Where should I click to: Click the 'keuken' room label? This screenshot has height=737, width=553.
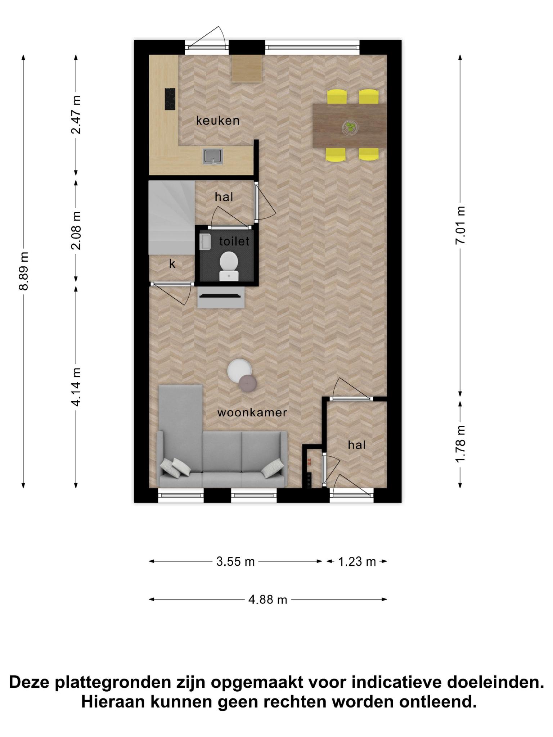coord(218,121)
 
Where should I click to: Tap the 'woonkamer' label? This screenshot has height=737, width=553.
coord(252,412)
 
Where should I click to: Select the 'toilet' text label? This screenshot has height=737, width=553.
coord(234,241)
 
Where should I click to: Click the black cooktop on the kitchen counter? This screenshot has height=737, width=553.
coord(170,99)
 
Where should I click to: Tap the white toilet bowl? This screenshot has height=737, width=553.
coord(229,266)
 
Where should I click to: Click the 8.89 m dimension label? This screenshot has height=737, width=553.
coord(24,271)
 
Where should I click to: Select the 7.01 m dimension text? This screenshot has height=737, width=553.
coord(460,225)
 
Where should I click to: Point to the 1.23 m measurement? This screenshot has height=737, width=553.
coord(357,562)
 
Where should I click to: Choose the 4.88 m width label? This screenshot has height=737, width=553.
coord(267,600)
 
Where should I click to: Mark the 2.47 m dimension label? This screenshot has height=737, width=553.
coord(76,115)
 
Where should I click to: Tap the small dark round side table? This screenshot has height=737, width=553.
coord(247,383)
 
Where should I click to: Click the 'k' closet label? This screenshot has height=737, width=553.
coord(172,264)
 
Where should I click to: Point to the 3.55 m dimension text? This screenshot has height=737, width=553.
coord(235,562)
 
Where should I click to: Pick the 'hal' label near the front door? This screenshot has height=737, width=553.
coord(357,445)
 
